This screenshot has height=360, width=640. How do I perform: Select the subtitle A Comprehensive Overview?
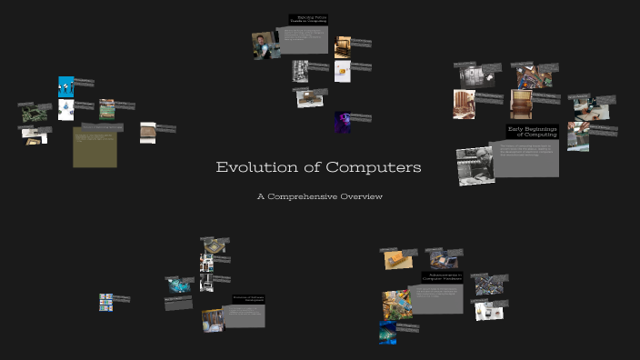point(319,196)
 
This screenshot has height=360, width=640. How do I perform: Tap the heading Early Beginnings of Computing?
point(532,132)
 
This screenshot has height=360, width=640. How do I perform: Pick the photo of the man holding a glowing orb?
point(265,45)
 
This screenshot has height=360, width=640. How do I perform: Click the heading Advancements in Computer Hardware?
point(442,277)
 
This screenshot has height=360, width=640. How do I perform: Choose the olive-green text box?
point(95,147)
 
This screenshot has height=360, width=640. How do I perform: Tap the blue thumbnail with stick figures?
point(65,86)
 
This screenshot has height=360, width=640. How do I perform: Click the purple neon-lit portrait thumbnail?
point(342,122)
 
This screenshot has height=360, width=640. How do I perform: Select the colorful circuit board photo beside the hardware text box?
point(395,304)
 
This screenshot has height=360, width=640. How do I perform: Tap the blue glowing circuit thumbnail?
point(387,332)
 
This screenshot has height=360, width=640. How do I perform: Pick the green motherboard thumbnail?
point(33,113)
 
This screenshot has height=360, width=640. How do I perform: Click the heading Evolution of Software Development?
point(247,298)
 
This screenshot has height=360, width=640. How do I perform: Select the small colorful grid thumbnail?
point(105,300)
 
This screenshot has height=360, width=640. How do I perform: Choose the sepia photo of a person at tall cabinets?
point(465,105)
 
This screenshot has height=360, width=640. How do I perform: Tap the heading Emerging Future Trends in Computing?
point(309,19)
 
